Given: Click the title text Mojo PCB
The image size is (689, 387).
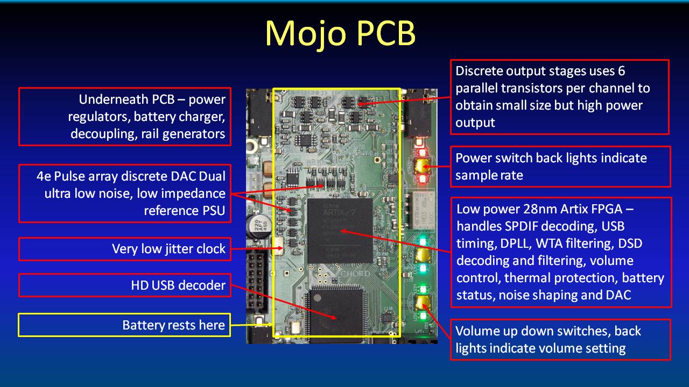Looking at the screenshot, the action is [341, 33].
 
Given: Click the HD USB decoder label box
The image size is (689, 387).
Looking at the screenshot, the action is [124, 285].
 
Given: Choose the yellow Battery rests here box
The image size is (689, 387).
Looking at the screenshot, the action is [124, 325].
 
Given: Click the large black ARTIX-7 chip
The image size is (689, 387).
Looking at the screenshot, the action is [340, 231].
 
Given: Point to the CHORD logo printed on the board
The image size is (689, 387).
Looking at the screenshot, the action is [355, 274].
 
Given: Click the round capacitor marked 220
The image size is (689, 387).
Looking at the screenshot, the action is [259, 226].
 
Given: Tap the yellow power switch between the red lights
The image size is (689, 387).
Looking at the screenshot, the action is [421, 166].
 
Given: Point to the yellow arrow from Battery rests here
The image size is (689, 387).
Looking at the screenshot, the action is [251, 325].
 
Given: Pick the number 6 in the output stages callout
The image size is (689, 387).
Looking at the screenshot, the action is [622, 71].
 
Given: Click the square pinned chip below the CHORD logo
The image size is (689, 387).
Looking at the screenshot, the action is [337, 313].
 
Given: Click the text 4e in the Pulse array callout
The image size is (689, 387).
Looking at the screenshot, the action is [44, 176].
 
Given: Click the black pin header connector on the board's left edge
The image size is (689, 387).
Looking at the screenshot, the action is [256, 281].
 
